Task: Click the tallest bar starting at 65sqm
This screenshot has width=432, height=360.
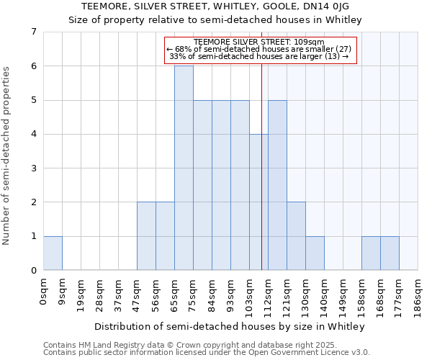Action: pyautogui.click(x=184, y=168)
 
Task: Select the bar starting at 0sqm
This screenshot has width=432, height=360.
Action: pyautogui.click(x=53, y=253)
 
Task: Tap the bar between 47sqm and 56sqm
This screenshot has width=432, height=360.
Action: pyautogui.click(x=146, y=236)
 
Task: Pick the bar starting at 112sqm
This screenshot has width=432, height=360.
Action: pyautogui.click(x=277, y=185)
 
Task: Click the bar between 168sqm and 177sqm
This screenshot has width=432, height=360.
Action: pyautogui.click(x=390, y=253)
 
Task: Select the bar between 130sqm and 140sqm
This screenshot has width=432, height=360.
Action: pyautogui.click(x=315, y=253)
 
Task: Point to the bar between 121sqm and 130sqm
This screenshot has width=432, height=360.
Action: pyautogui.click(x=296, y=236)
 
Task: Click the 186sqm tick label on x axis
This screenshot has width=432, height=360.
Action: pyautogui.click(x=419, y=297)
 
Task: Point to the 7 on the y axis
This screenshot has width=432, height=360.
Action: pyautogui.click(x=33, y=32)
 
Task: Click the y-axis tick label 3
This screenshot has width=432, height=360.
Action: pyautogui.click(x=33, y=168)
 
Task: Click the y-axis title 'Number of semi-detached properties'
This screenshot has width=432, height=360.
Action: pyautogui.click(x=7, y=156)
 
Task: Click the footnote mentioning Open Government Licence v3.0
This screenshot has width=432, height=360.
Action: pyautogui.click(x=207, y=353)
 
